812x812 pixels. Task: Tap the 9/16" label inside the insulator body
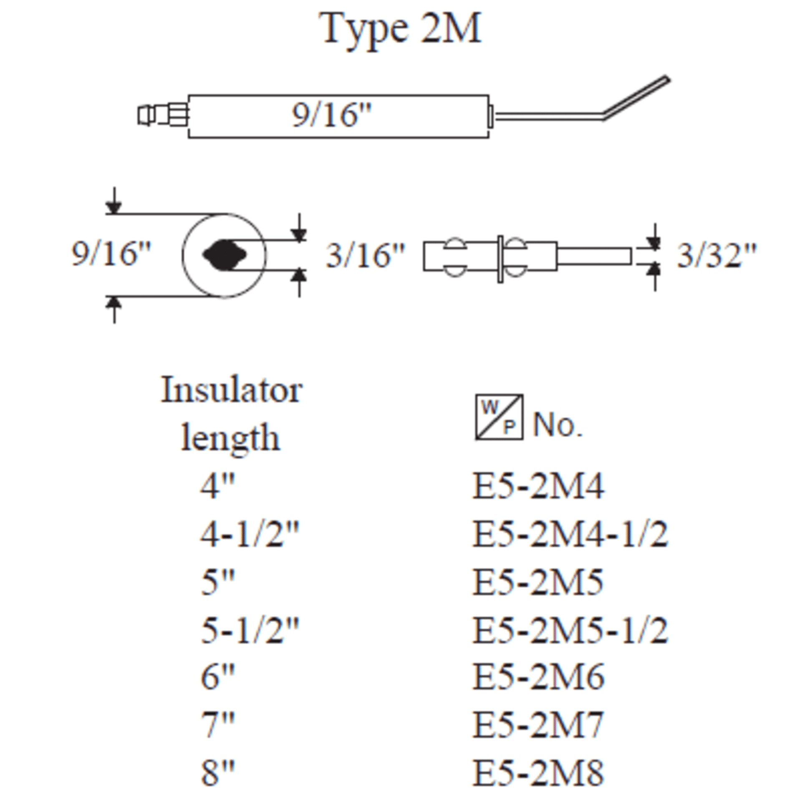coord(332,115)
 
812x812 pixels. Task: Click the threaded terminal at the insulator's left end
coord(163,114)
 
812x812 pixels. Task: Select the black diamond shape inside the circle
coord(224,255)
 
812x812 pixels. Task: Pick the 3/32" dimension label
coord(717,255)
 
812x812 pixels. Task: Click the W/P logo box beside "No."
coord(499,417)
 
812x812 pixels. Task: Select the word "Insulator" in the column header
coord(232,390)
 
